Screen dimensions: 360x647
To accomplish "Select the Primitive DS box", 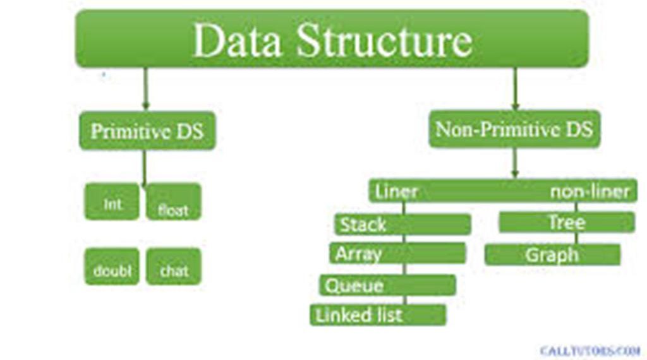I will (x=147, y=131).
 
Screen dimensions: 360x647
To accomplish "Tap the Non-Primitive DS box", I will (x=514, y=129).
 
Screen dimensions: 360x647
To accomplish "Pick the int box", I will (x=112, y=203).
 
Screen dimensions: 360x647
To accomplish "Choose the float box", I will (x=174, y=208).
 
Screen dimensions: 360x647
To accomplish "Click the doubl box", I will (x=112, y=270).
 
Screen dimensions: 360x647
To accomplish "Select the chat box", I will (x=174, y=270).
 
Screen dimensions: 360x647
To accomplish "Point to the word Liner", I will (x=396, y=191).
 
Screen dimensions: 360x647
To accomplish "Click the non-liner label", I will (x=589, y=191).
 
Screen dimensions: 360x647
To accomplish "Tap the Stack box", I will (x=402, y=224).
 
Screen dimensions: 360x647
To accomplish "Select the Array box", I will (x=397, y=254).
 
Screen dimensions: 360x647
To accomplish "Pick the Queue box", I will (x=387, y=285).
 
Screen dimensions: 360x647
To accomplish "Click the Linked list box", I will (x=378, y=315).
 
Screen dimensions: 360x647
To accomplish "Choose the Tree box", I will (x=566, y=222).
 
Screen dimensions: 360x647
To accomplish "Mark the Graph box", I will (x=552, y=255).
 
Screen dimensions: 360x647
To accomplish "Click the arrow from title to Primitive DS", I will (x=146, y=88).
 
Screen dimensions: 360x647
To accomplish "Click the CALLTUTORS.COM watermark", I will (x=590, y=350).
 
